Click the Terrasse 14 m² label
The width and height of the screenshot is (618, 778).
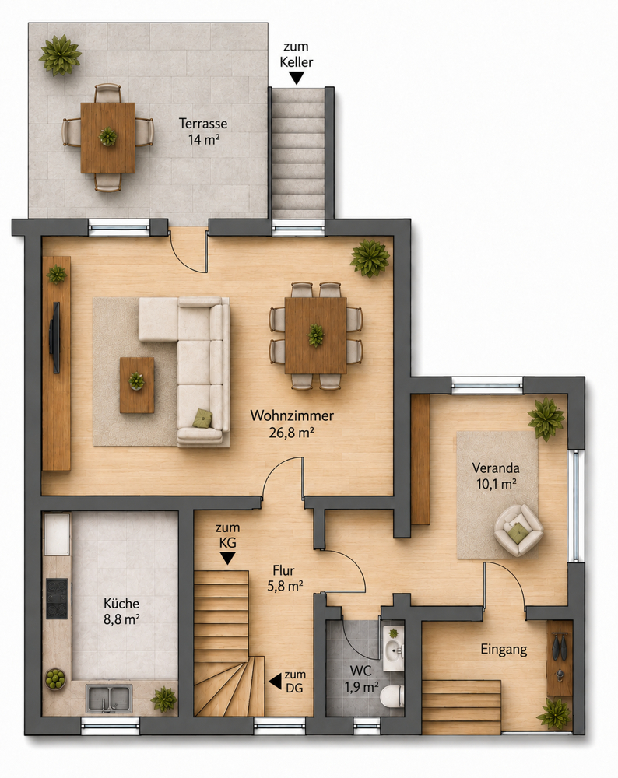point(203,131)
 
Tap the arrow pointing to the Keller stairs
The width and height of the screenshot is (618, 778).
point(297,77)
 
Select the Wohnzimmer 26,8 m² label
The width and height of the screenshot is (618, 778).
point(291,424)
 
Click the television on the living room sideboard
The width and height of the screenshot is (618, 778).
point(55,337)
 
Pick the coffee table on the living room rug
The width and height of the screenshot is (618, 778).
point(137,384)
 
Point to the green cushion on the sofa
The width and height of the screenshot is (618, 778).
point(203,418)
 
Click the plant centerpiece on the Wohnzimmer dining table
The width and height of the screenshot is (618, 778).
point(316,335)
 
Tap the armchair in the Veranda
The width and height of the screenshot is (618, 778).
point(518,529)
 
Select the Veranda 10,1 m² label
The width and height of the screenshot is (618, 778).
point(496,475)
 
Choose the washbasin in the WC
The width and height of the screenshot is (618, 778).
point(394,648)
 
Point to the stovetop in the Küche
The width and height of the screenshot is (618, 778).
point(57,598)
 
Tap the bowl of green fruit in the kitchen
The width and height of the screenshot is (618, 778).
point(55,678)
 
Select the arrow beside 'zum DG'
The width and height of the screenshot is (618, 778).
point(275,681)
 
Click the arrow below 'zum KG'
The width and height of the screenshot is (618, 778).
point(227,559)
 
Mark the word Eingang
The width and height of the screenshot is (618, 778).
point(504,650)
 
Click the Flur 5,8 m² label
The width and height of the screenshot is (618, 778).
point(285,578)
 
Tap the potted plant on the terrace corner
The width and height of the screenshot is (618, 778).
point(60,54)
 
